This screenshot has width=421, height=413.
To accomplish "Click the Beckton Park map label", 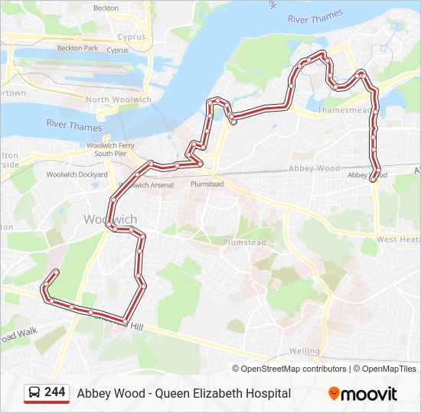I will [77, 48].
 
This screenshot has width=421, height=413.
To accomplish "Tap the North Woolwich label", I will [118, 100].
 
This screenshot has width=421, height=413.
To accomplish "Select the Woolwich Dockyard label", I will [77, 174].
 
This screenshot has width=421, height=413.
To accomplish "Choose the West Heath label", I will [399, 240].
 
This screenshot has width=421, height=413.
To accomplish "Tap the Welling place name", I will [305, 351].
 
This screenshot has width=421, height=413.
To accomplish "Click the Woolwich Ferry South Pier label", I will [110, 149].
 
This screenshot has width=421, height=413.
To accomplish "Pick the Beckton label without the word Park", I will [106, 8].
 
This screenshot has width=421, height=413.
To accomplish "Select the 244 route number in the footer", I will [55, 392].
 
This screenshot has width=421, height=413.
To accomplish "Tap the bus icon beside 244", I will [35, 393].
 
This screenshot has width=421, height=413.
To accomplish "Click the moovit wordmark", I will [369, 394].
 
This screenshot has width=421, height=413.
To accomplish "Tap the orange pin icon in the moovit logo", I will [334, 394].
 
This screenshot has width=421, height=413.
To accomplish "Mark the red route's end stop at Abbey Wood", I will [373, 180].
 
